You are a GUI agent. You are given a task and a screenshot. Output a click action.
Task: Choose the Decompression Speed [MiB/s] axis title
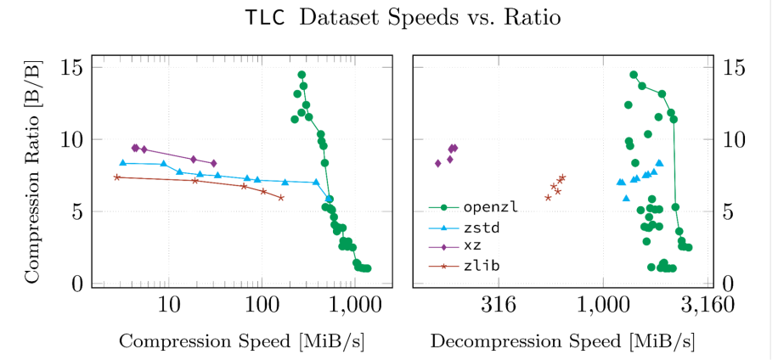(562, 341)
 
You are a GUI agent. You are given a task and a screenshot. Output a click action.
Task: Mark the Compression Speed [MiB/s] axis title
(242, 341)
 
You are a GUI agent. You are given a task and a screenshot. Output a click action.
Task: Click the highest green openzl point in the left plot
(302, 75)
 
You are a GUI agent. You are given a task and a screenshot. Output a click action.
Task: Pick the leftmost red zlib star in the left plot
(117, 177)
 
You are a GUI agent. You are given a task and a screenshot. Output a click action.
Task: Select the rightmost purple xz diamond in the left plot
(213, 163)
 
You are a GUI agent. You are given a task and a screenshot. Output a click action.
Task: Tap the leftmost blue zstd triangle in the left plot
(122, 162)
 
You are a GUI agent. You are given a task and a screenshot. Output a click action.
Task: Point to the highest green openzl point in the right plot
(634, 75)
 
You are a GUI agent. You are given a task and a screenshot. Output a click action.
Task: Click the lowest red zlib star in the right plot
(548, 198)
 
